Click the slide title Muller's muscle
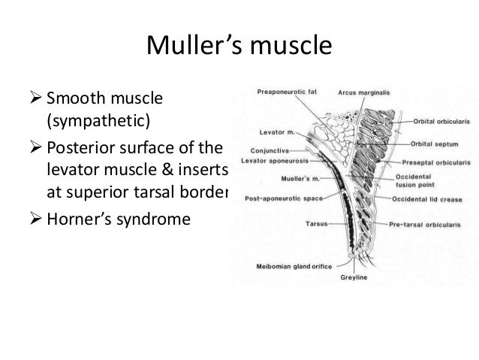point(238,46)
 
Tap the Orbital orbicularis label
point(441,120)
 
